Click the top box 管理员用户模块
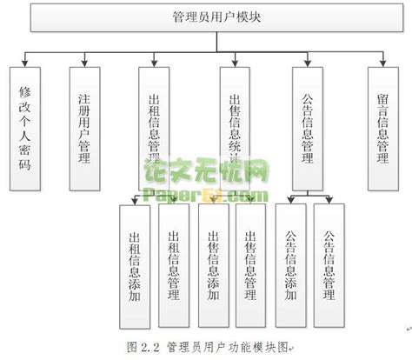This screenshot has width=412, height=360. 205,17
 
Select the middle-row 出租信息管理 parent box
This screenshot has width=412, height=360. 155,127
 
